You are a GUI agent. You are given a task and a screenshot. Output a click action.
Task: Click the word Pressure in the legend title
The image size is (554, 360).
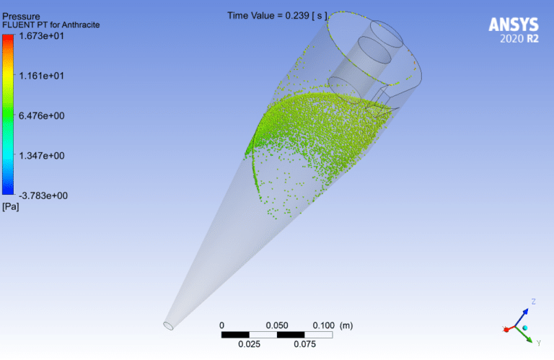point(21,15)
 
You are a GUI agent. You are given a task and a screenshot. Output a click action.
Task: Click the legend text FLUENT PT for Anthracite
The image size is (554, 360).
point(50,25)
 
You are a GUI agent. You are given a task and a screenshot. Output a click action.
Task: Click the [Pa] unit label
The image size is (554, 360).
point(12,207)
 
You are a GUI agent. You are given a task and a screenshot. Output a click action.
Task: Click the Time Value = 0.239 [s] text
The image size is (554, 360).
point(278,15)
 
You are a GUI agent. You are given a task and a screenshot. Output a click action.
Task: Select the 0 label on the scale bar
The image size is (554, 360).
point(222,325)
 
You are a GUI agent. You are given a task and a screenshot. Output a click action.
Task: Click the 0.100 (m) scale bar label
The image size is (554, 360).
point(332,325)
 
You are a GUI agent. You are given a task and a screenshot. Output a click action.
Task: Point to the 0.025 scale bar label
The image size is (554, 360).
point(250,345)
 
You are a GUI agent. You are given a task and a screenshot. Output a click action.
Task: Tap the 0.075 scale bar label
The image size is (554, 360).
point(306,345)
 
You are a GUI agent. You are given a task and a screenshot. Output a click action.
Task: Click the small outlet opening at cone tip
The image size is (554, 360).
point(169,325)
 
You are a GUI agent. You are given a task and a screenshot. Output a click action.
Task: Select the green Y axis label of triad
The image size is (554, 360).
point(539,343)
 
